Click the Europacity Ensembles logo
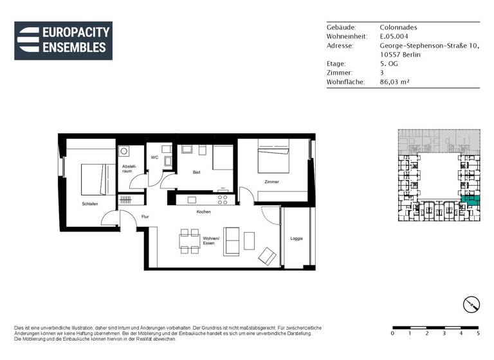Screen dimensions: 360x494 (x=63, y=40)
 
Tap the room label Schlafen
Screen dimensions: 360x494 (x=89, y=204)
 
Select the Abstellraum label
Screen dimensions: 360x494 (x=127, y=169)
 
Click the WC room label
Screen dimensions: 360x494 (x=154, y=157)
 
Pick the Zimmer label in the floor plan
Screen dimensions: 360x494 (x=271, y=182)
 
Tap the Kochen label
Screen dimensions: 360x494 (x=204, y=212)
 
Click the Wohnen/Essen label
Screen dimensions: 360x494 (x=211, y=241)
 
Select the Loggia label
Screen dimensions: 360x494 (x=296, y=239)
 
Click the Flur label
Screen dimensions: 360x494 (x=145, y=217)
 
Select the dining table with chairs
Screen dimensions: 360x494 (x=189, y=241)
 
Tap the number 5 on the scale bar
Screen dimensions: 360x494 (x=478, y=334)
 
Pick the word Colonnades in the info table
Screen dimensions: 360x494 (x=399, y=28)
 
